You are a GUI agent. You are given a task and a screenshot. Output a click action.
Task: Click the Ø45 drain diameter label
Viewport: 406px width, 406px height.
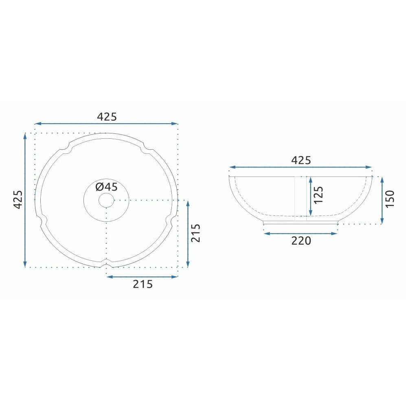pyautogui.click(x=106, y=187)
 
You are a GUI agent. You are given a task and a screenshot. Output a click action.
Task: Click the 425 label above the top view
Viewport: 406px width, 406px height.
pyautogui.click(x=107, y=117)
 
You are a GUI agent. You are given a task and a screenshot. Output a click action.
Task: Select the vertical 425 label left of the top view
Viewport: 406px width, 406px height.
pyautogui.click(x=18, y=199)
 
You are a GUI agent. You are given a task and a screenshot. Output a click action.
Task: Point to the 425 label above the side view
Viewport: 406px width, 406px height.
pyautogui.click(x=301, y=161)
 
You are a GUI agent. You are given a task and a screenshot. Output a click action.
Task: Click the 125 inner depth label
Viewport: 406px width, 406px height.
pyautogui.click(x=318, y=195)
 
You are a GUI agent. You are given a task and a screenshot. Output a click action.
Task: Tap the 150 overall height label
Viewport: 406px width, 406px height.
pyautogui.click(x=390, y=199)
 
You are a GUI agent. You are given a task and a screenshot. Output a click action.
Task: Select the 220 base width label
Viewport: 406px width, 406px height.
pyautogui.click(x=301, y=241)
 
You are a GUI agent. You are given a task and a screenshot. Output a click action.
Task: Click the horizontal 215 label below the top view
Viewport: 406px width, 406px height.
pyautogui.click(x=143, y=284)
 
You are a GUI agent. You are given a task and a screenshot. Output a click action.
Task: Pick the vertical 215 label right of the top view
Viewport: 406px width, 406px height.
pyautogui.click(x=196, y=233)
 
